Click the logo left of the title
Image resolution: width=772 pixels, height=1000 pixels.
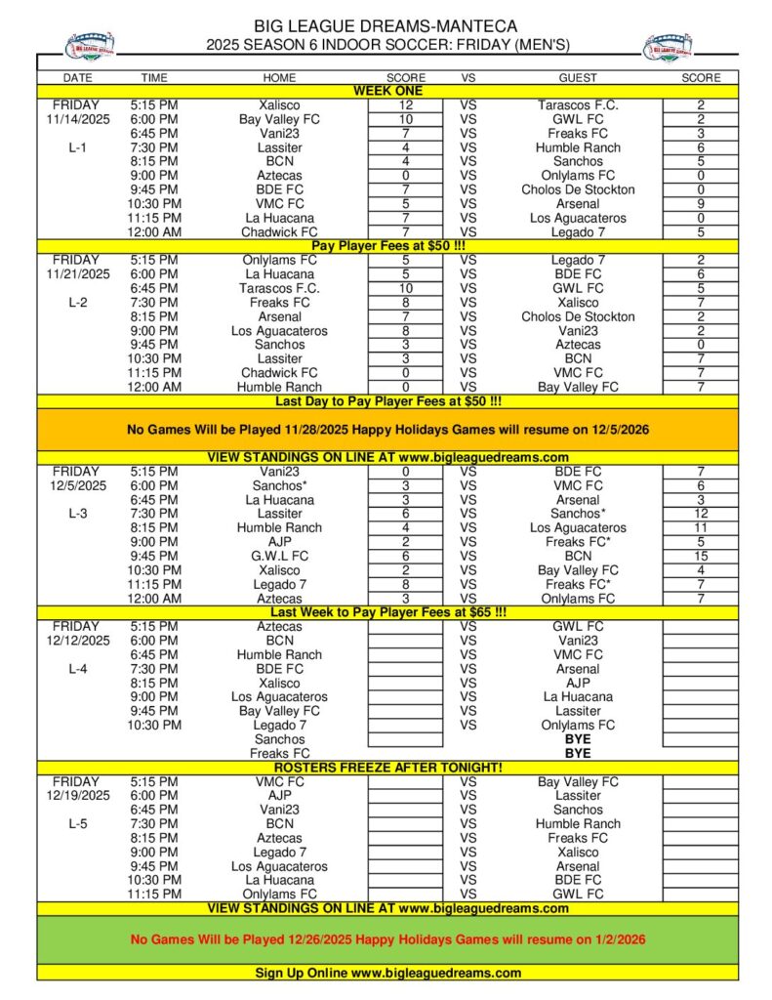(x=90, y=45)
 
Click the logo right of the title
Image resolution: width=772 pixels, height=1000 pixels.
(x=669, y=45)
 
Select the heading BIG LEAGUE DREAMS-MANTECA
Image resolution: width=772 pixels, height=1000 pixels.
(x=386, y=26)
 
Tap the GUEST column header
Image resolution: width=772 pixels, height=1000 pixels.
(x=578, y=77)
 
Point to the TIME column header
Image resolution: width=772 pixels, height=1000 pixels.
(x=154, y=77)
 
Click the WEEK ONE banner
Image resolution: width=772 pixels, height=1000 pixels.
(x=386, y=91)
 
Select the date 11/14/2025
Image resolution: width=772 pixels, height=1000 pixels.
(x=75, y=119)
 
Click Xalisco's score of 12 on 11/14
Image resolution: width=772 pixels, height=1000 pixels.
(x=406, y=104)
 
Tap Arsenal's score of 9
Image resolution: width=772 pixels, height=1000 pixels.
(x=701, y=204)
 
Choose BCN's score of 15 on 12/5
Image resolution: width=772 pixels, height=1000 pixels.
(x=701, y=556)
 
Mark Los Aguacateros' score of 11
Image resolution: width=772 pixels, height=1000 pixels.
(x=701, y=527)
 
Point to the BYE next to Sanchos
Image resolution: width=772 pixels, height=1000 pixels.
(x=578, y=739)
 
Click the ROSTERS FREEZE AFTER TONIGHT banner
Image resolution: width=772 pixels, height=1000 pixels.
(x=386, y=768)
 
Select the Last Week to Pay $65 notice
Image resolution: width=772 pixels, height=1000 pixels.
(x=386, y=612)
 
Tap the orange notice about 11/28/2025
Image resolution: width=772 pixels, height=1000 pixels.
(x=386, y=430)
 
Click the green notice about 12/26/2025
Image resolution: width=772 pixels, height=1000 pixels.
(x=386, y=939)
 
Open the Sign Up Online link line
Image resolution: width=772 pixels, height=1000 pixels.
(x=386, y=973)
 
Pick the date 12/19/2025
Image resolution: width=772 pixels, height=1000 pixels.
(x=75, y=796)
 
